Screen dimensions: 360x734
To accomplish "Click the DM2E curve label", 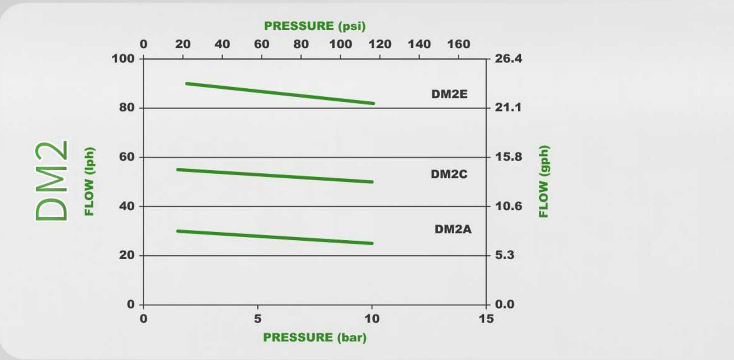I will [449, 94].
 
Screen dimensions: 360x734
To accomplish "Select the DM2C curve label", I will [449, 174].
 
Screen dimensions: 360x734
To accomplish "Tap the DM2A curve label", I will [453, 229].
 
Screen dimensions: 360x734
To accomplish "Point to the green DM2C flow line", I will [275, 175].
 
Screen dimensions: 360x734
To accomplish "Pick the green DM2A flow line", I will [275, 237].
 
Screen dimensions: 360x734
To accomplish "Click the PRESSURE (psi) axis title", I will [315, 26].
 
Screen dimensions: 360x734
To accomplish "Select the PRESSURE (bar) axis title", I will [315, 337].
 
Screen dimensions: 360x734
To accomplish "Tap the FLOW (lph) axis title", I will [90, 181].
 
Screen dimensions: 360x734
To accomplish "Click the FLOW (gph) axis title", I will [544, 181].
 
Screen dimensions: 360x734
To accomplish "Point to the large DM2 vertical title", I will [52, 181].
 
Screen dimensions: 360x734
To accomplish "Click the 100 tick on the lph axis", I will [123, 58].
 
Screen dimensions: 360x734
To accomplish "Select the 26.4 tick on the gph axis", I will [509, 58].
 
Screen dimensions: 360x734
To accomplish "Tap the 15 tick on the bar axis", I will [486, 319].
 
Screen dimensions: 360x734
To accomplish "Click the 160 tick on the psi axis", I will [458, 44].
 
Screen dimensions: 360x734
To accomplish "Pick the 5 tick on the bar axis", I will [257, 319].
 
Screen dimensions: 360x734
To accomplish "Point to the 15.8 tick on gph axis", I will [509, 157].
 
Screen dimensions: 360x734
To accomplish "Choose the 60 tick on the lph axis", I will [126, 157].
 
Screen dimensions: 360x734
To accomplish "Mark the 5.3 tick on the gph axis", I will [505, 255].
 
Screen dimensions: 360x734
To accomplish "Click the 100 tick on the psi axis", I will [340, 44].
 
